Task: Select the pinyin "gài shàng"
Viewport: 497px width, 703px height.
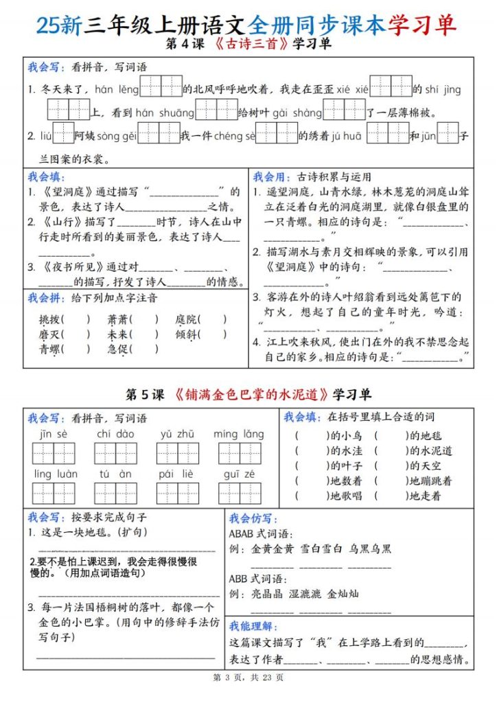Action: [297, 113]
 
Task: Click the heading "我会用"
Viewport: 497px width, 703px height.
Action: [268, 176]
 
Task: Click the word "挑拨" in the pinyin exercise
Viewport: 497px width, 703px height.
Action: [50, 319]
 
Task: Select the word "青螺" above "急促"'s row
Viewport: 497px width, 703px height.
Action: [50, 349]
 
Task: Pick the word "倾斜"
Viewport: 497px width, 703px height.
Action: [186, 334]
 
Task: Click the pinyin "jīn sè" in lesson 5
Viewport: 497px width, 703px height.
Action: [53, 434]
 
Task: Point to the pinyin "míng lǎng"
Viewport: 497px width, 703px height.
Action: [238, 434]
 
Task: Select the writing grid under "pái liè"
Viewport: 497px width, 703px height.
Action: [177, 494]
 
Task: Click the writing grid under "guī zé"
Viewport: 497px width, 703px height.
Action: [239, 494]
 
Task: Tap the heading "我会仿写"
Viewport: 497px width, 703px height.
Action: [249, 518]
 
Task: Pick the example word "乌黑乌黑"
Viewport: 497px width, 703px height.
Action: [369, 549]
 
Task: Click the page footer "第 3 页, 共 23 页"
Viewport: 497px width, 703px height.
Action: [248, 678]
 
